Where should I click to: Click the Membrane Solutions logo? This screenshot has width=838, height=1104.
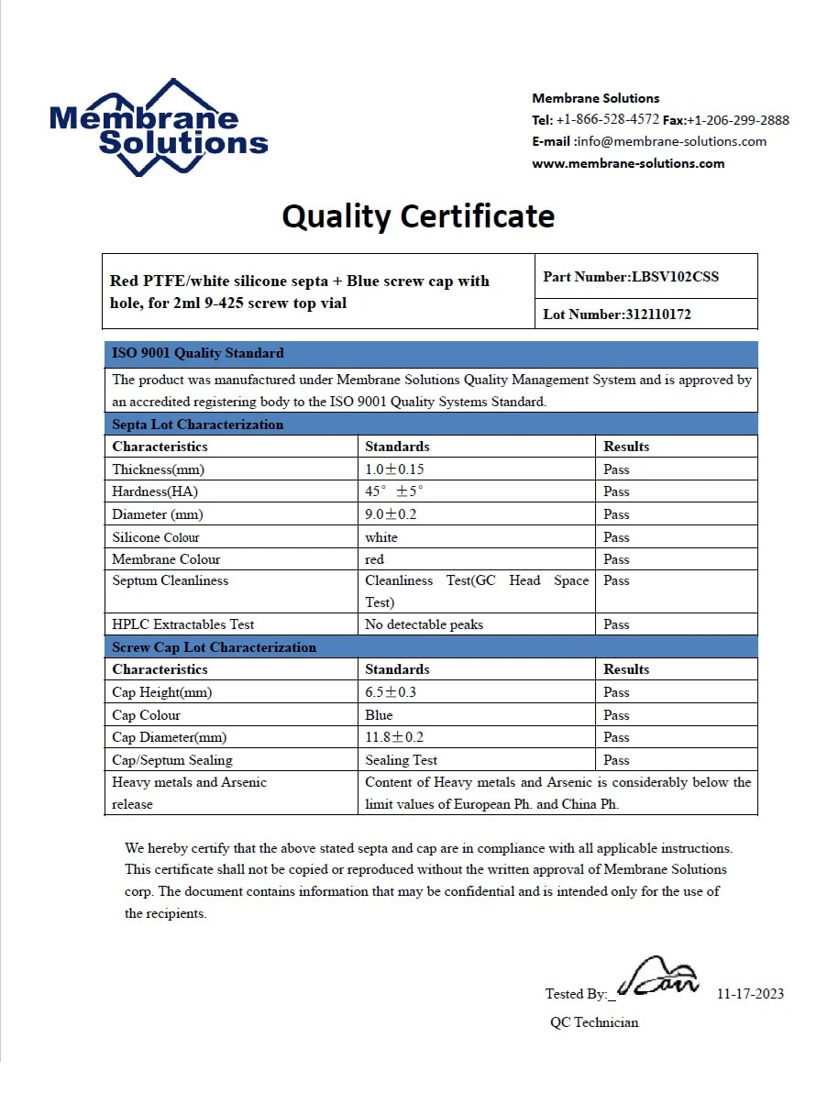158,128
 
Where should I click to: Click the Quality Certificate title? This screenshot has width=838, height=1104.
418,216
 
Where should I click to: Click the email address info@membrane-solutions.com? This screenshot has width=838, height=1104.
672,141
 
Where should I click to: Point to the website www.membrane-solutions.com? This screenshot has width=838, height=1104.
628,163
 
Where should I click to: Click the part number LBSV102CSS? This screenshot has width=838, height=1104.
675,276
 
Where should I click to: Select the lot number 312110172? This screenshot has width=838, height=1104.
657,314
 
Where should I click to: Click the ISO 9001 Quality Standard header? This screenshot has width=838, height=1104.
198,353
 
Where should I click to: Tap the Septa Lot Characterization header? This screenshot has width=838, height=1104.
198,425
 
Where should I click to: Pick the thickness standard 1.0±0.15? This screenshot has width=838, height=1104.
394,469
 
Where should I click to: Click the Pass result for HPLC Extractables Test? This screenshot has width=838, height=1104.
616,624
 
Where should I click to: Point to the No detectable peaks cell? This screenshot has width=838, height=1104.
424,624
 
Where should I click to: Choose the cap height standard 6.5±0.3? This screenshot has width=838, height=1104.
391,692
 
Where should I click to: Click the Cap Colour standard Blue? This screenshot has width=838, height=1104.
379,715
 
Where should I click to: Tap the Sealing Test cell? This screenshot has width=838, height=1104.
401,760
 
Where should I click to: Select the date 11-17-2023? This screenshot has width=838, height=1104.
750,994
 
